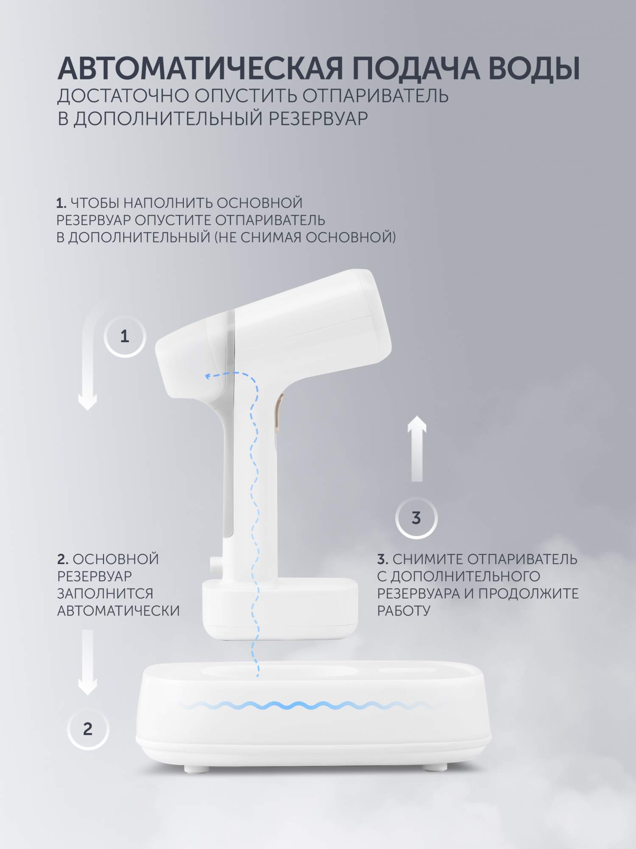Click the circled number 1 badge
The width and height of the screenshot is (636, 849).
coord(125,336)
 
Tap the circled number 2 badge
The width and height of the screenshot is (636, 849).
coord(88,729)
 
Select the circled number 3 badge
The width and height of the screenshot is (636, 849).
coord(416,518)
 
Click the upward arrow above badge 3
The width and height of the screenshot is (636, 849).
coord(417,448)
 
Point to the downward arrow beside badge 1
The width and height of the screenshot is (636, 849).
coord(88,365)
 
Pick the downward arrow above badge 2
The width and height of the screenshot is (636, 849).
coord(87,662)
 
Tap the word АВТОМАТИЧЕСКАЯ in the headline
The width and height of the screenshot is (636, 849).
coord(200,68)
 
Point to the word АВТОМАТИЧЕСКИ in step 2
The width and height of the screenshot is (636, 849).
coord(118,610)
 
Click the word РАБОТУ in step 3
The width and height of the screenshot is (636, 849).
coord(404,611)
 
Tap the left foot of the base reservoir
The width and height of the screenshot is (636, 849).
coord(192,768)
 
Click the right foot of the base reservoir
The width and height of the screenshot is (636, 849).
coord(433,768)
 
